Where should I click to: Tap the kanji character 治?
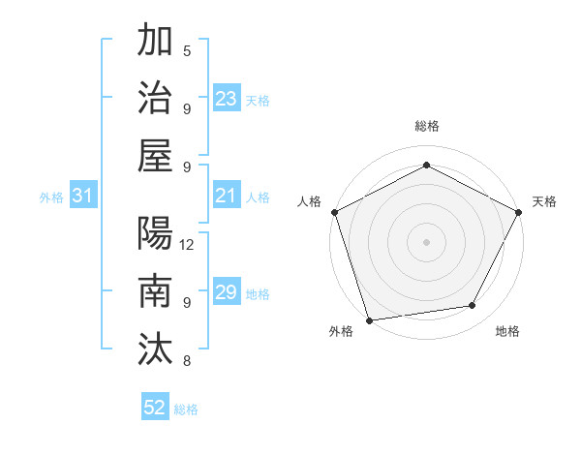[155, 98]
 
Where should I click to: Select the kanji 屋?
[155, 156]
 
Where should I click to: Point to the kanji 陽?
[155, 233]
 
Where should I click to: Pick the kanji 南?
[155, 291]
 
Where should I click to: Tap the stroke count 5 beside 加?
[187, 50]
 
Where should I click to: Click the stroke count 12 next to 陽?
[188, 244]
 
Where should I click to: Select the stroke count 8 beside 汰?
[187, 361]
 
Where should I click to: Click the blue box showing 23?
[227, 99]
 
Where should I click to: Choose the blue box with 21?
[227, 196]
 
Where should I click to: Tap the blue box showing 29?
[227, 292]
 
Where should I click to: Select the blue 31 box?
[83, 196]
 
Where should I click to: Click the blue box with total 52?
[155, 408]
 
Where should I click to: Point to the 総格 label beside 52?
[186, 409]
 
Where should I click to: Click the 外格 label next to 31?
[51, 197]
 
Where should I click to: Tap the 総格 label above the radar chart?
[427, 126]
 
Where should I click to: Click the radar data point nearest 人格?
[334, 211]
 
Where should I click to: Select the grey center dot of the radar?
[427, 241]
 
